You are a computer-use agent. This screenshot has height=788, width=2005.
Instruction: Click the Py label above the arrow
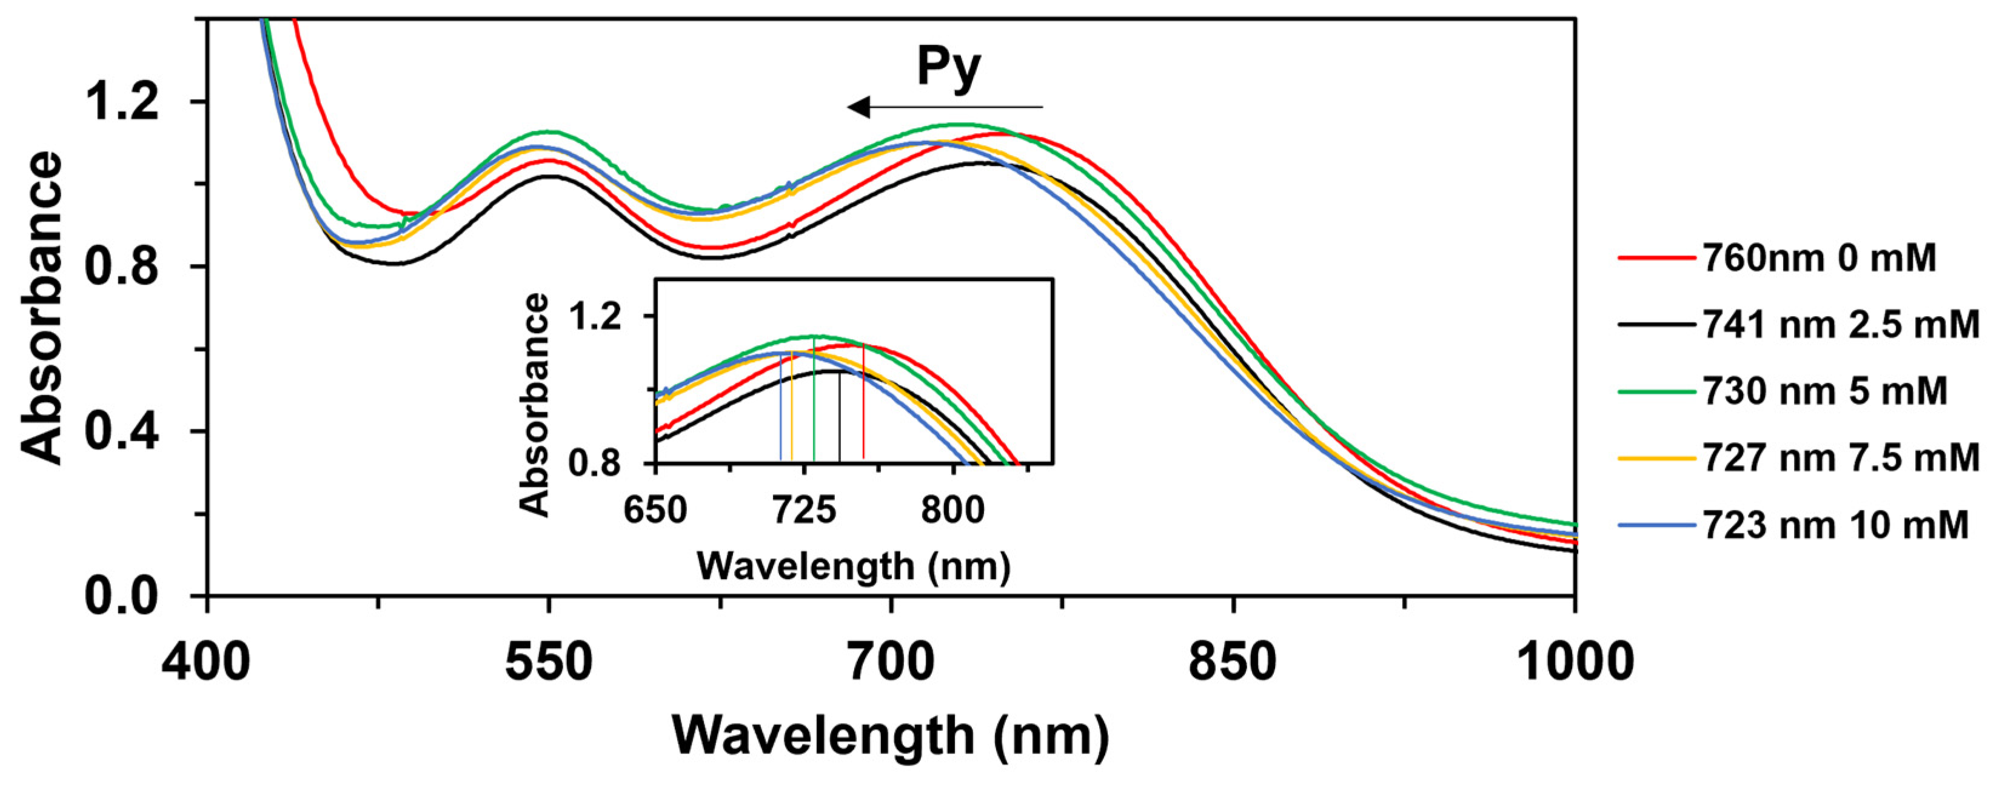pyautogui.click(x=948, y=68)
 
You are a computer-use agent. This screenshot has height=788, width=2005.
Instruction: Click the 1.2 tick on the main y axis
pyautogui.click(x=121, y=102)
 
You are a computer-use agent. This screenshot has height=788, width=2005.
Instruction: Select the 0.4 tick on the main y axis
pyautogui.click(x=121, y=431)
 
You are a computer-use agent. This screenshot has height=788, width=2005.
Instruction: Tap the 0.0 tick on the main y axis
pyautogui.click(x=121, y=597)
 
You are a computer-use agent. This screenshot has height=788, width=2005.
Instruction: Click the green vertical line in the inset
pyautogui.click(x=814, y=400)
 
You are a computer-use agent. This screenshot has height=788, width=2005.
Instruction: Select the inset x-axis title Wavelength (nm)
pyautogui.click(x=853, y=566)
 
